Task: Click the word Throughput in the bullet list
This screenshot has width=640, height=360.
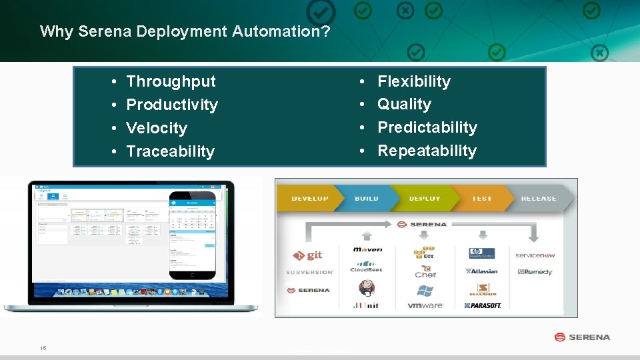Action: pyautogui.click(x=171, y=81)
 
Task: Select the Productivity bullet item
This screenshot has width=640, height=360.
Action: pyautogui.click(x=172, y=105)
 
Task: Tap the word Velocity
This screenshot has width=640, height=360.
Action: pyautogui.click(x=157, y=128)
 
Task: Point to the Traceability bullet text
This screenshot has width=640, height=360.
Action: pyautogui.click(x=170, y=151)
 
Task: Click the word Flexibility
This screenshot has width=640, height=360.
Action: pyautogui.click(x=414, y=81)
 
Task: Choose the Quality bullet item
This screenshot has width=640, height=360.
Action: pyautogui.click(x=404, y=104)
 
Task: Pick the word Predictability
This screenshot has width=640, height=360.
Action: pyautogui.click(x=427, y=127)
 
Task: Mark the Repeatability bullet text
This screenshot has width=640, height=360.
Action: pyautogui.click(x=427, y=151)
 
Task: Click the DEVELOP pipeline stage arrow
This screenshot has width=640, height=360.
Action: pyautogui.click(x=309, y=198)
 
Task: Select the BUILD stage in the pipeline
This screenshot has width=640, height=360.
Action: pyautogui.click(x=367, y=198)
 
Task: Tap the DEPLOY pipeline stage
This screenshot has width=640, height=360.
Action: pyautogui.click(x=425, y=198)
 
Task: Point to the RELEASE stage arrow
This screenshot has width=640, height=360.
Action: pyautogui.click(x=539, y=198)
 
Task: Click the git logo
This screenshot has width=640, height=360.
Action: pyautogui.click(x=308, y=255)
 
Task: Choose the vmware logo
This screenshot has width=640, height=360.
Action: pyautogui.click(x=425, y=305)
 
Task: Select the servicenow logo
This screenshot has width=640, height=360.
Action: pyautogui.click(x=535, y=255)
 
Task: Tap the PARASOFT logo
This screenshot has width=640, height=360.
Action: pyautogui.click(x=483, y=305)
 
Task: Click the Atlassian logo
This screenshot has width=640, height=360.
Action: pyautogui.click(x=482, y=271)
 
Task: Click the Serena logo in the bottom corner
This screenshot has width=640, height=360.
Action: pyautogui.click(x=582, y=337)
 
